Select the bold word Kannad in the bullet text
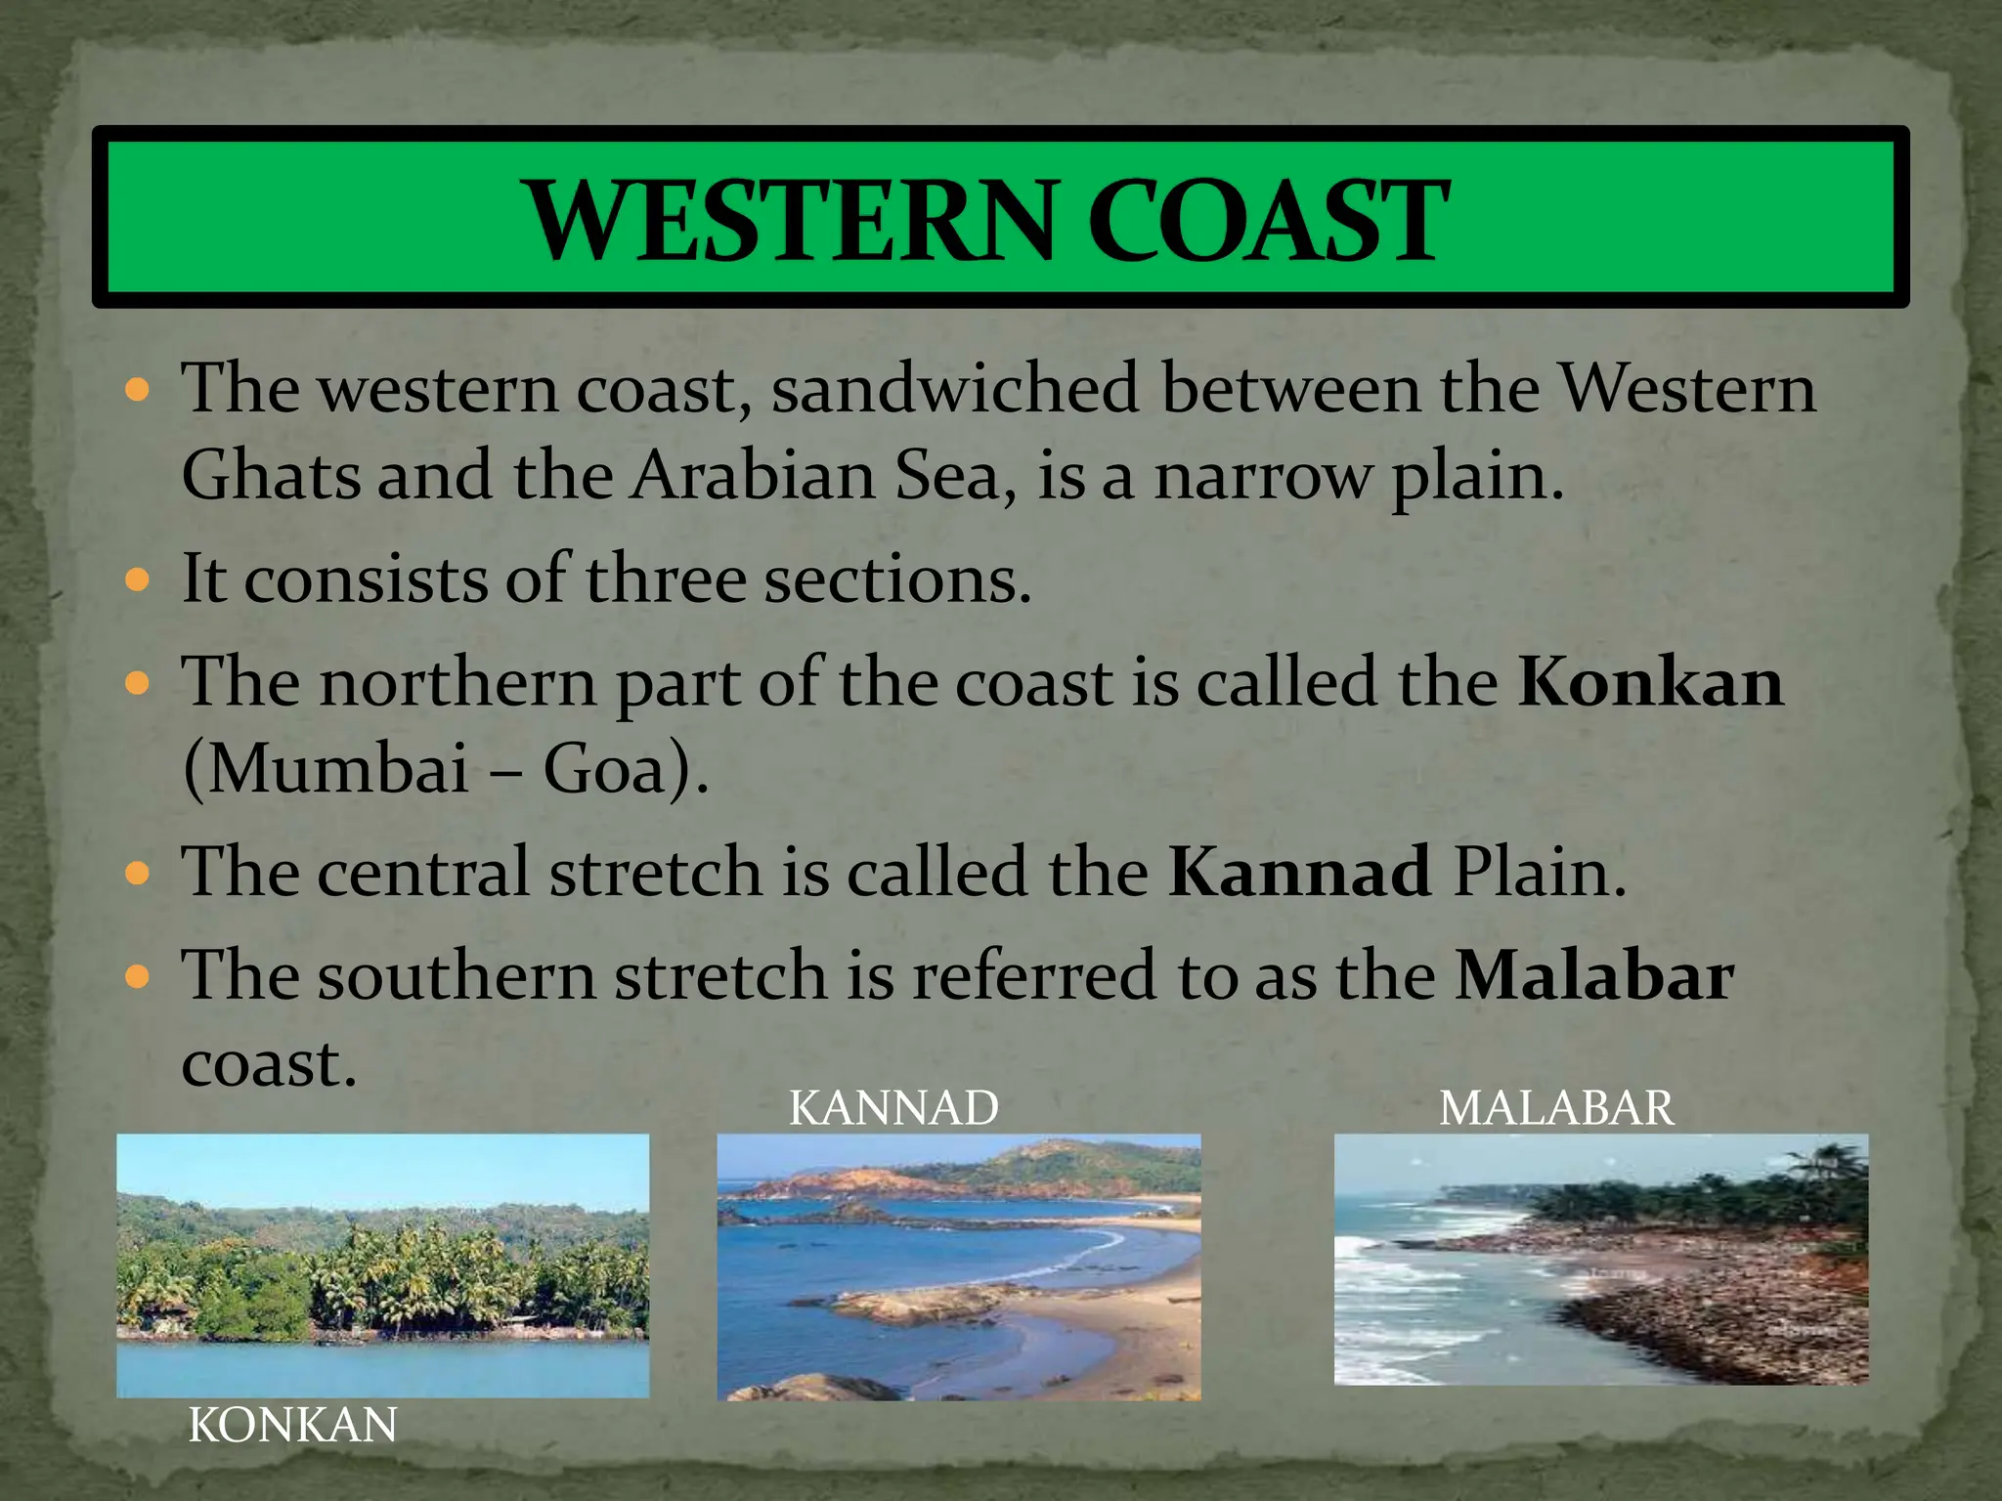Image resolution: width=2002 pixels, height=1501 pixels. [1300, 872]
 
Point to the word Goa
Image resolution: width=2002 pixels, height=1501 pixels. [616, 770]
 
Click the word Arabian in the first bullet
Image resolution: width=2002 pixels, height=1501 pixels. [753, 477]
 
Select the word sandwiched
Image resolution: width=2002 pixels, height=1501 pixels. [955, 389]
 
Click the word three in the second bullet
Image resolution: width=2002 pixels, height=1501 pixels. [665, 579]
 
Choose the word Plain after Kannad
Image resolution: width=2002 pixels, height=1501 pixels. [1539, 872]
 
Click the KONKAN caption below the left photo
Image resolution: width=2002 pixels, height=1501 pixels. [292, 1426]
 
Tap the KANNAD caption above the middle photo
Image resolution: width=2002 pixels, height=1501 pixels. [893, 1108]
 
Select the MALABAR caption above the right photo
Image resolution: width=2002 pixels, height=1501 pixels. [1556, 1108]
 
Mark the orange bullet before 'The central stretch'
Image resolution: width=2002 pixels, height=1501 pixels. [138, 873]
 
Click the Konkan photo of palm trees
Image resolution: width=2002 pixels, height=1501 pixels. [382, 1265]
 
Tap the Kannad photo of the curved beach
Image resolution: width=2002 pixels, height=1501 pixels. [959, 1266]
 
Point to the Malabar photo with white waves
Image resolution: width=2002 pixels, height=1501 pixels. [1601, 1259]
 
